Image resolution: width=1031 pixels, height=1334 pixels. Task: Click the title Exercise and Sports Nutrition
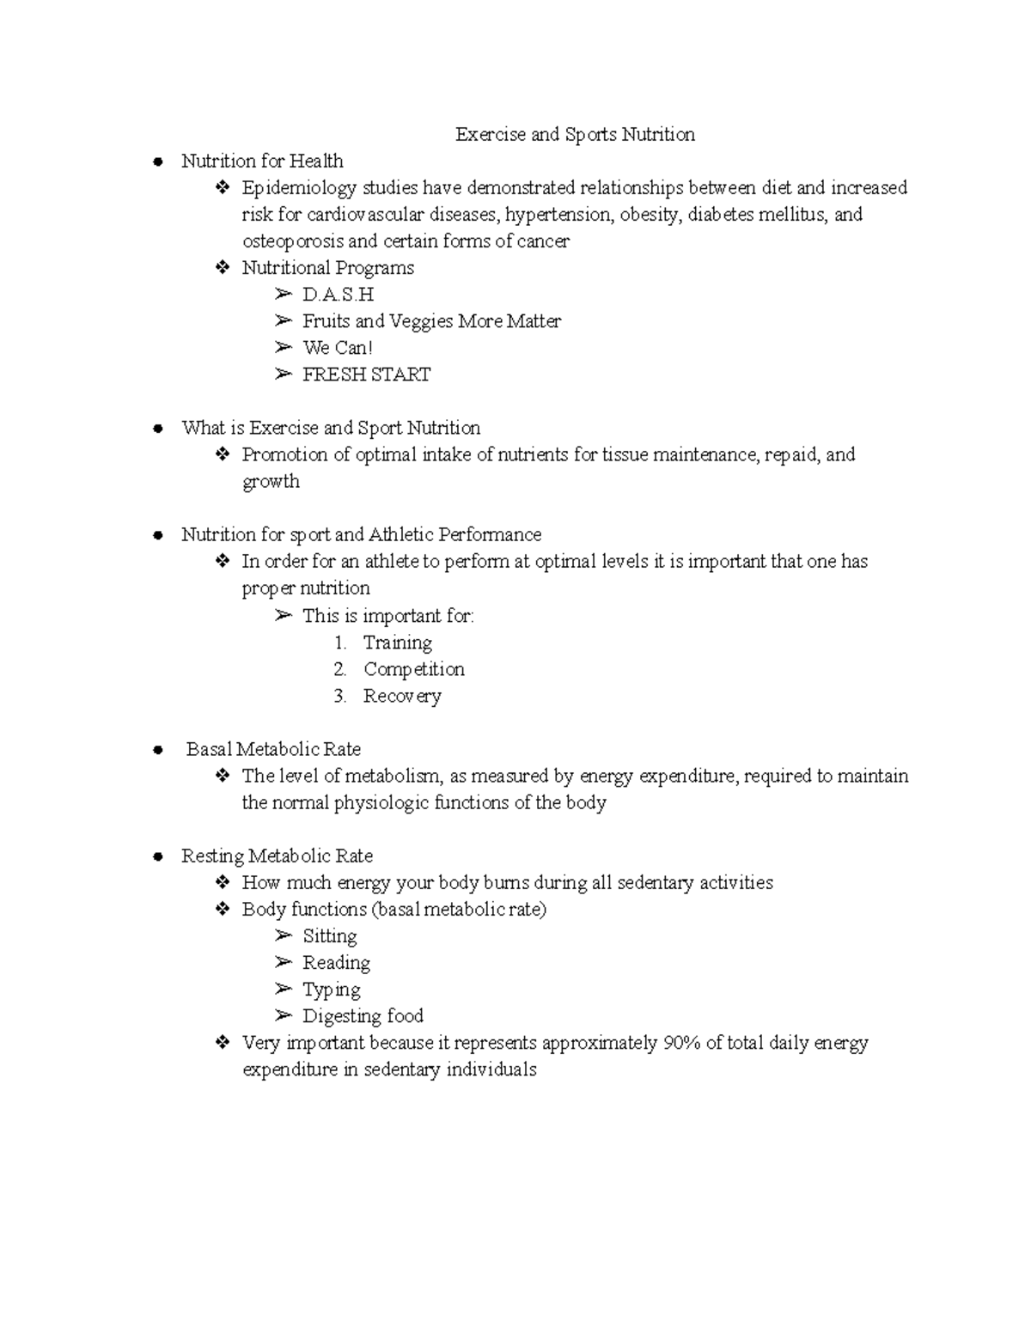[575, 135]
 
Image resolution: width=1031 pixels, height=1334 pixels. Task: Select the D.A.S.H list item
[338, 295]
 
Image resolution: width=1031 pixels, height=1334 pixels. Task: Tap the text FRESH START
[366, 375]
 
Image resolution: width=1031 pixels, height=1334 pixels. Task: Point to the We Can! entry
[338, 348]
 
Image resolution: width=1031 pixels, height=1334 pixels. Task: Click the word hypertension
[559, 215]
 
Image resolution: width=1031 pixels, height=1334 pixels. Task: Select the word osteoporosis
[292, 241]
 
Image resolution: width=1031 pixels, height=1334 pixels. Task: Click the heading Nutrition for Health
[262, 161]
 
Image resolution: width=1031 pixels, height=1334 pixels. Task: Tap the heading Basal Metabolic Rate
[273, 749]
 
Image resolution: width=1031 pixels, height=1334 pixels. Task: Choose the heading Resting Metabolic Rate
[277, 856]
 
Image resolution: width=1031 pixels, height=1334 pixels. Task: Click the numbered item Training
[397, 643]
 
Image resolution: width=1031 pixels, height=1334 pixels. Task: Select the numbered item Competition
[413, 669]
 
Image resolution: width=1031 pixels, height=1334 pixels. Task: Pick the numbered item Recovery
[402, 696]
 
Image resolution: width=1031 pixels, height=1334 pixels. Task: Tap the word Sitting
[329, 936]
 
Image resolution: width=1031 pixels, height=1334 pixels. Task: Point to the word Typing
[331, 990]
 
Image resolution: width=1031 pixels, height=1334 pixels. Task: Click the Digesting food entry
[363, 1016]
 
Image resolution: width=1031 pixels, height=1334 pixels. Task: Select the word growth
[271, 481]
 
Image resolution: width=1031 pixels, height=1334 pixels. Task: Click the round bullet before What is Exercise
[157, 429]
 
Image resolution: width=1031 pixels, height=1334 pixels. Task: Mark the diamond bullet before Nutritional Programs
[223, 268]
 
